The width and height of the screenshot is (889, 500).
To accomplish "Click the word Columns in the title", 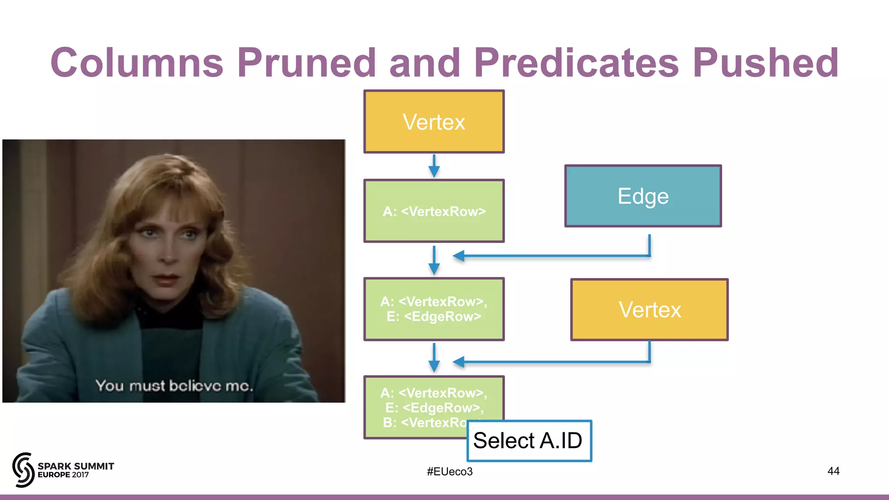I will coord(137,63).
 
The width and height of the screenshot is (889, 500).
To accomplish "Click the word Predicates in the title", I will coord(576,63).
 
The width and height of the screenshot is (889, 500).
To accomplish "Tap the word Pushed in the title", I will coord(765,63).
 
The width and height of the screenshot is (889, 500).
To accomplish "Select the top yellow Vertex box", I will coord(434,122).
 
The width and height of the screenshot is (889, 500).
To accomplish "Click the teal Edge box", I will coord(643,196).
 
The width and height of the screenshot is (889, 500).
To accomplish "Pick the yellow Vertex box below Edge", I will coord(649,310).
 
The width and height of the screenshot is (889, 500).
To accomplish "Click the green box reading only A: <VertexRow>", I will coord(434,211).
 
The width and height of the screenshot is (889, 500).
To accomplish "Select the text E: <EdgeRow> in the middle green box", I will coord(434,316).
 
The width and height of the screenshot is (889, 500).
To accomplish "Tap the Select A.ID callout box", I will coord(529,441).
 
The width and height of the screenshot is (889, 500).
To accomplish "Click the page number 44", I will coord(833,471).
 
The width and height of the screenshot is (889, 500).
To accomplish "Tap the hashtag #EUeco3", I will coord(449,472).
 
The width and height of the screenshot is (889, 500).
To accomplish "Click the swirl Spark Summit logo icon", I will coord(23,470).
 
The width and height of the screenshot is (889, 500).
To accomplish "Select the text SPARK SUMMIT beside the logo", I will coord(76,466).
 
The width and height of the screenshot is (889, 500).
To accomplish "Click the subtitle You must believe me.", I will coord(174,385).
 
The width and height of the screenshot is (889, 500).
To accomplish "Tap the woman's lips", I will coord(166,279).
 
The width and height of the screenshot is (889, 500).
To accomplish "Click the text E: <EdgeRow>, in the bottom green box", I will coord(434,408).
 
